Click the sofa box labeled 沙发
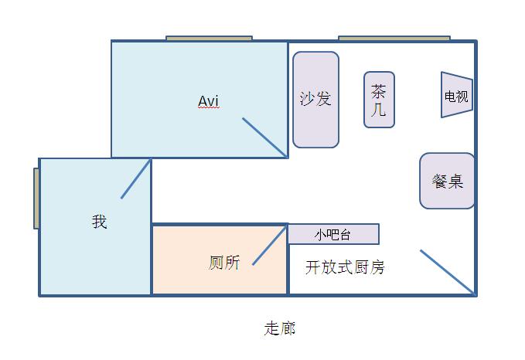(x=315, y=99)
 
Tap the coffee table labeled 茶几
(x=379, y=100)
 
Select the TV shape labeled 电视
(x=456, y=96)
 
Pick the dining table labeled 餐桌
(x=447, y=181)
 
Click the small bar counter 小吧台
(x=333, y=234)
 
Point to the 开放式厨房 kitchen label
(x=345, y=268)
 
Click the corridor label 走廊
(x=279, y=328)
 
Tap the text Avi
(x=209, y=101)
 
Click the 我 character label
(x=99, y=222)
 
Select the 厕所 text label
(x=224, y=263)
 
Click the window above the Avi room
(x=209, y=38)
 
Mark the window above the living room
(x=394, y=38)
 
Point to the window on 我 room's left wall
(x=36, y=199)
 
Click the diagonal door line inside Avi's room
(x=265, y=138)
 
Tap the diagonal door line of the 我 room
(x=135, y=178)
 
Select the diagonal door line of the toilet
(x=270, y=246)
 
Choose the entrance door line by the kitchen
(x=447, y=272)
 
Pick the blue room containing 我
(x=77, y=255)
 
